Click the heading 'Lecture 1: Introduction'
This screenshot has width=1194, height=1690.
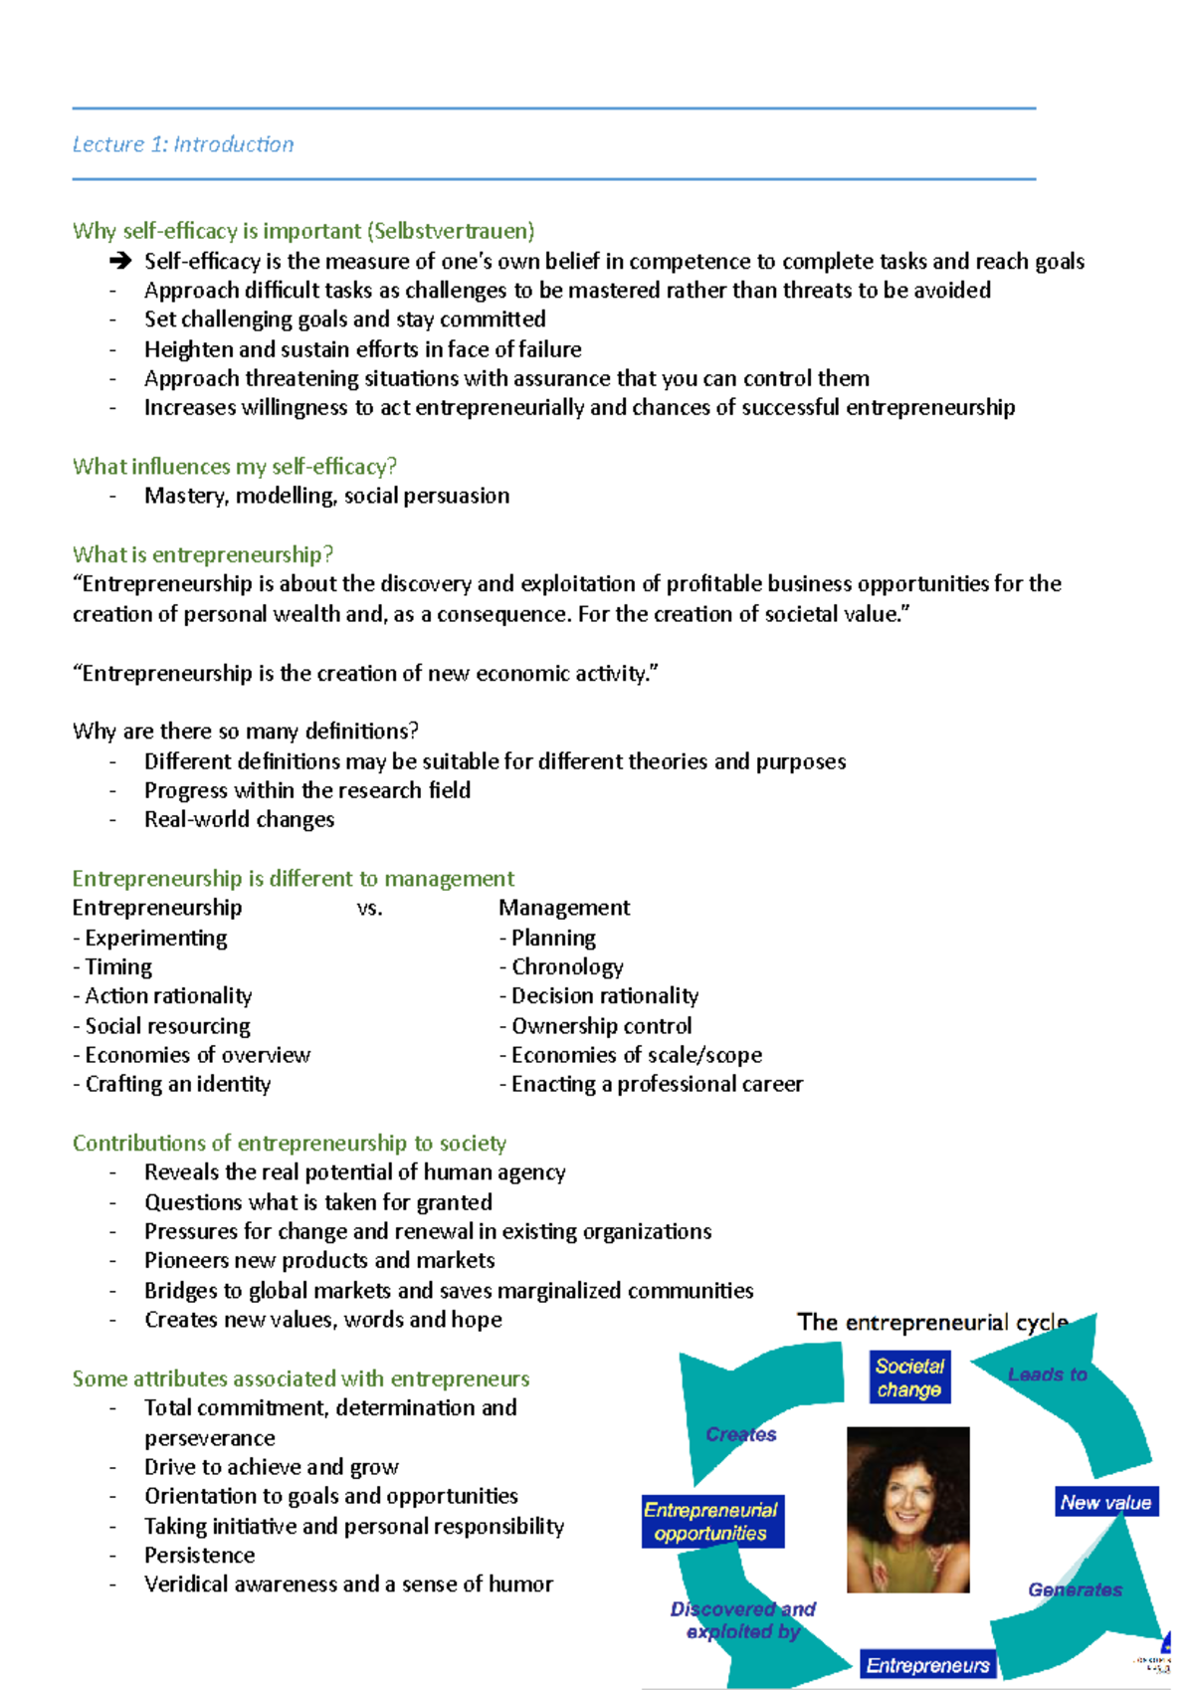[x=183, y=144]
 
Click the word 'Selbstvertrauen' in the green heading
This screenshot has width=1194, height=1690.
[x=450, y=231]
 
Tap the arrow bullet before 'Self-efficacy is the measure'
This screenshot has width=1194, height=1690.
[x=120, y=262]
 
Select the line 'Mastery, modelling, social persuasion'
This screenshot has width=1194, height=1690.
[x=326, y=496]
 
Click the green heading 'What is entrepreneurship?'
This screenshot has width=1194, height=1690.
[x=202, y=554]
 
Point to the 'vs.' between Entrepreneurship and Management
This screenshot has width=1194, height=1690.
[x=369, y=908]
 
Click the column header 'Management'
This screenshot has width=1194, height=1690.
[x=564, y=908]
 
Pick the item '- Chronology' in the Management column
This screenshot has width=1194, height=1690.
[x=561, y=966]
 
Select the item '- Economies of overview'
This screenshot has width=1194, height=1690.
[x=191, y=1055]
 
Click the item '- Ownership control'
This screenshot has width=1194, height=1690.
[x=595, y=1025]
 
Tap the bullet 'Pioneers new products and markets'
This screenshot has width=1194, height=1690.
[x=319, y=1260]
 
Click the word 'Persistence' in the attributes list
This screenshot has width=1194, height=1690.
[x=199, y=1555]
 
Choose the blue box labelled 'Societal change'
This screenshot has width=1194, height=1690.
[x=909, y=1377]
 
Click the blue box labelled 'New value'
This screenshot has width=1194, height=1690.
[x=1105, y=1502]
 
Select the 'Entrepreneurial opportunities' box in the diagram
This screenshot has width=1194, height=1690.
[x=711, y=1522]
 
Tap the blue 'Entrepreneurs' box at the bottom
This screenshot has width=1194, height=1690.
[x=927, y=1665]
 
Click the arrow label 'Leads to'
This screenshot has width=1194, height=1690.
[x=1047, y=1374]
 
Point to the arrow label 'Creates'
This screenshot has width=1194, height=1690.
[x=740, y=1434]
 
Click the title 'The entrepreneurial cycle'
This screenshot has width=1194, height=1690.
[x=932, y=1323]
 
